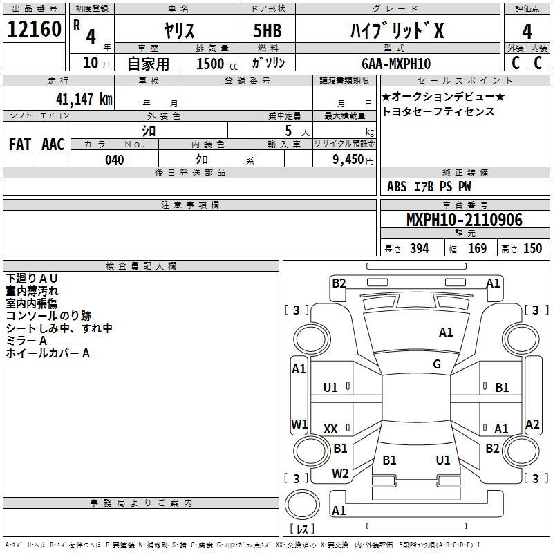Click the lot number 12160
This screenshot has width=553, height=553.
coord(34,30)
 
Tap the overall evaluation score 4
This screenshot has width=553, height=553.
coord(527,31)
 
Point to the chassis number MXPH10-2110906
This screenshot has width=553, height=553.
coord(465,220)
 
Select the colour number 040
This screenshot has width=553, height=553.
coord(114,160)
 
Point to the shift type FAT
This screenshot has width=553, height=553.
coord(19,144)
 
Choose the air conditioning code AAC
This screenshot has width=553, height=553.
coord(53,144)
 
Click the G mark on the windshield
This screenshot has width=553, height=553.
coord(437,364)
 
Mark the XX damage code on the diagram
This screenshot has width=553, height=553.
coord(330,429)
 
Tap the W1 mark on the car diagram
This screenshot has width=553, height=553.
coord(299,423)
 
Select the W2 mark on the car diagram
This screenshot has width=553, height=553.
coord(340,474)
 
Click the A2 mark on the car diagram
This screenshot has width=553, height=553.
coord(532,424)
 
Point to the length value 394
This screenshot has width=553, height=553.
coord(419,249)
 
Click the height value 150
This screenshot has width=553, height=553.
coord(532,249)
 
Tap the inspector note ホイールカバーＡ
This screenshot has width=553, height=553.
coord(48,354)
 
